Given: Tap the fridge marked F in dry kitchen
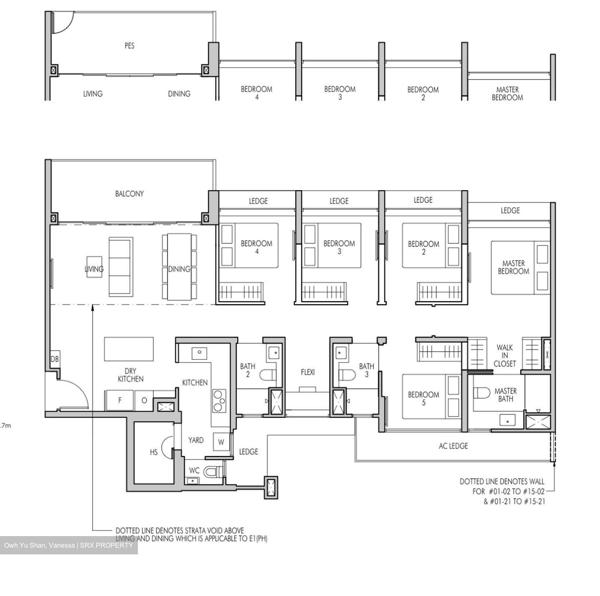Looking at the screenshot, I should click(x=120, y=400).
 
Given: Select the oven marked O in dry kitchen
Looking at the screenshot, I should click(x=144, y=400).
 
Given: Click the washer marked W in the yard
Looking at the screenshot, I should click(x=221, y=442).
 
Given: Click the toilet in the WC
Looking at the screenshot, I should click(x=211, y=472).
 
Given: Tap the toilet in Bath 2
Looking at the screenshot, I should click(x=267, y=376).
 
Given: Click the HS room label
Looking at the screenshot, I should click(x=154, y=452).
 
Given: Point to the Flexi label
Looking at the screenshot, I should click(x=308, y=372).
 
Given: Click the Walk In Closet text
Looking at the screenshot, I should click(x=505, y=355).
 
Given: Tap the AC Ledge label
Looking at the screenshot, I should click(x=453, y=446).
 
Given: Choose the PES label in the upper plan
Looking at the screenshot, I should click(x=130, y=46).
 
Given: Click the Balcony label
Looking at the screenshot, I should click(x=130, y=194).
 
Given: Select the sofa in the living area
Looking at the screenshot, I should click(x=121, y=267).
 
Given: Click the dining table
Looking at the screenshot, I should click(x=179, y=267).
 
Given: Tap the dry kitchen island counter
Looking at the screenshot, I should click(x=129, y=349).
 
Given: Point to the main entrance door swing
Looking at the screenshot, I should click(x=73, y=393).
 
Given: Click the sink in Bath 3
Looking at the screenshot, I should click(x=341, y=353).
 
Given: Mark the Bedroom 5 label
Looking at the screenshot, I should click(x=423, y=398).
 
